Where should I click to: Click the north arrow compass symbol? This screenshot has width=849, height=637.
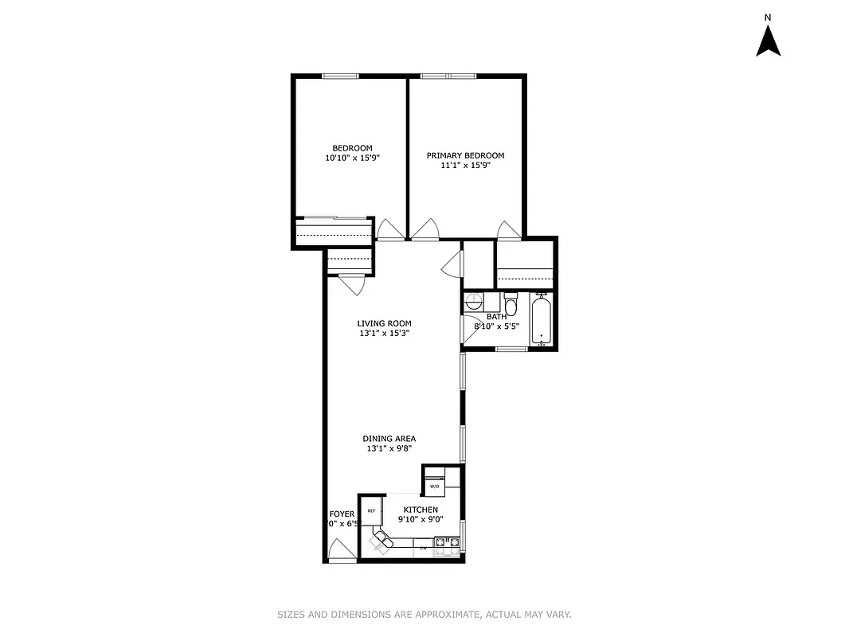click(768, 41)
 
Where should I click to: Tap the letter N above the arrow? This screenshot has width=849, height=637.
click(768, 17)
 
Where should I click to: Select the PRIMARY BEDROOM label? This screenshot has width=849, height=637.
click(465, 155)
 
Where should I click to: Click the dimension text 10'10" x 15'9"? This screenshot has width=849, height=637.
click(352, 158)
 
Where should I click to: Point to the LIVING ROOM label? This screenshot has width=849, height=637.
click(384, 323)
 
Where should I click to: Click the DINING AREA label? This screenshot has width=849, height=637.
click(389, 439)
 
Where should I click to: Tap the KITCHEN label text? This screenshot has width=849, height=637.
click(421, 510)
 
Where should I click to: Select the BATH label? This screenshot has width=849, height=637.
click(496, 317)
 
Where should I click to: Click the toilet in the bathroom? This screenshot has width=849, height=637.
click(511, 304)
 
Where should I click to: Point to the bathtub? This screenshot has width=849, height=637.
click(542, 320)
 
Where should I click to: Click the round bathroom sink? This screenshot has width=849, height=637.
click(473, 302)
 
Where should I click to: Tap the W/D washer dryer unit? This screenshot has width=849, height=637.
click(434, 486)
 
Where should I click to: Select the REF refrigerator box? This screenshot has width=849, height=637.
click(371, 510)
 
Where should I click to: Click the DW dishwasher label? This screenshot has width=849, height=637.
click(423, 547)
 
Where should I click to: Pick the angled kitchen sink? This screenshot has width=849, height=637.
click(381, 543)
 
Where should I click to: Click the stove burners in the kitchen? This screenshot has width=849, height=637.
click(447, 545)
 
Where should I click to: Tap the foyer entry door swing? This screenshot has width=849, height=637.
click(341, 549)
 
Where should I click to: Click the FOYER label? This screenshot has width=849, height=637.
click(342, 514)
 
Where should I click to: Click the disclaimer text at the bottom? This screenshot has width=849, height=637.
click(424, 615)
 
